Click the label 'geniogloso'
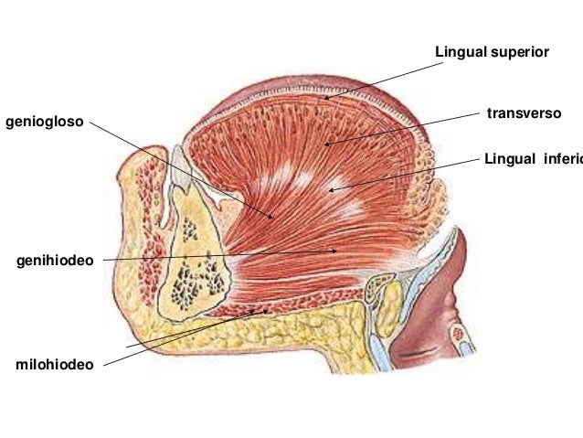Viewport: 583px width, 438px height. click(x=44, y=120)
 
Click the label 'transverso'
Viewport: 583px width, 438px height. click(x=524, y=113)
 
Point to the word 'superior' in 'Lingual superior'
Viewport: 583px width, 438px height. click(x=519, y=51)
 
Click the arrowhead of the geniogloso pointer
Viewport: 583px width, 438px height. click(x=272, y=218)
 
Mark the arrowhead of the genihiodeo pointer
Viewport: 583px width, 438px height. click(x=337, y=249)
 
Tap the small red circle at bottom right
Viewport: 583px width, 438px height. click(x=462, y=347)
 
